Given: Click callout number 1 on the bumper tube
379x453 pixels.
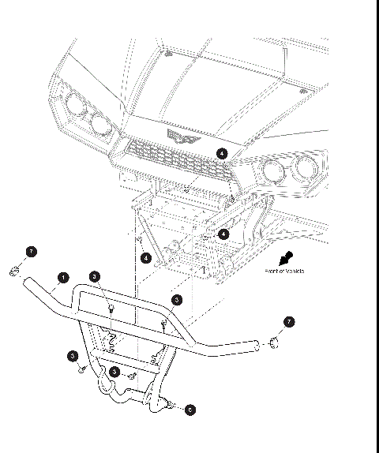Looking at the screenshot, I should tap(63, 278).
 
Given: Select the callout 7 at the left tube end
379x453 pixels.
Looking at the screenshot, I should tap(31, 252).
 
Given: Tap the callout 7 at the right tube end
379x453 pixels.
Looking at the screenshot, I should tap(289, 322).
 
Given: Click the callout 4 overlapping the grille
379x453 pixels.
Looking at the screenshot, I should tap(222, 153).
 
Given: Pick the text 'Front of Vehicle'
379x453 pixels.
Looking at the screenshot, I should tap(285, 271).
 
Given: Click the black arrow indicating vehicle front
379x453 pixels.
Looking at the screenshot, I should tap(288, 257).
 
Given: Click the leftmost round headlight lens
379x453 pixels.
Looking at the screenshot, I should tap(75, 103).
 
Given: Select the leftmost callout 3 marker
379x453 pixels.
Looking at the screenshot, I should tap(72, 357).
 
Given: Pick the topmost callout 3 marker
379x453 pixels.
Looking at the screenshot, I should tap(95, 276).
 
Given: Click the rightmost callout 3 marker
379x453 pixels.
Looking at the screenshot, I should tap(177, 300).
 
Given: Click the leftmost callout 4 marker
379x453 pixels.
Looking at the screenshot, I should tap(146, 257).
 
